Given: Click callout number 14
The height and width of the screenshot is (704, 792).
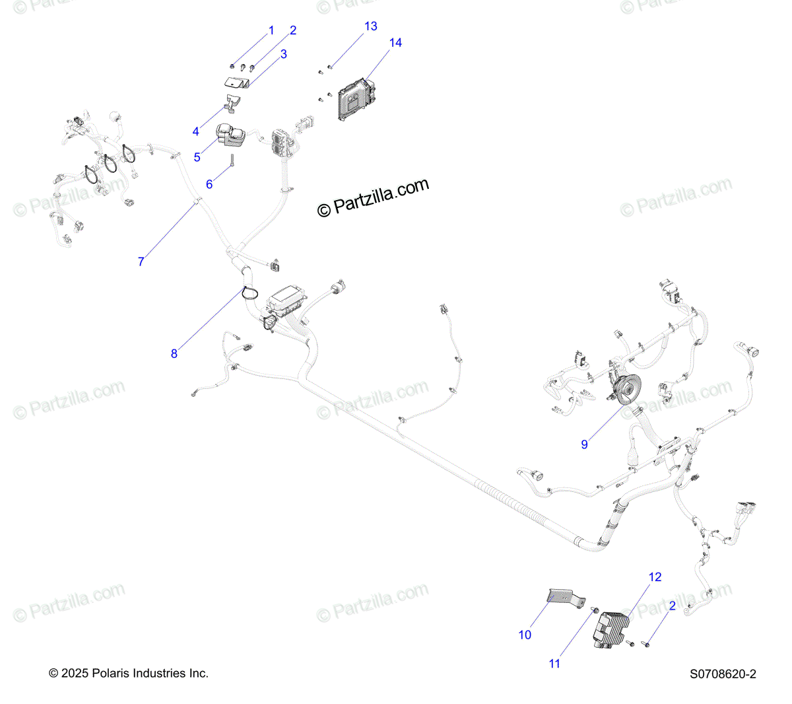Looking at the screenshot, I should (395, 43).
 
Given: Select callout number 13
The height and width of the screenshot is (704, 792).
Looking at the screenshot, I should (371, 26).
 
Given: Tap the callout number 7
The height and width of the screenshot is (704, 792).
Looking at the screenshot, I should (141, 262).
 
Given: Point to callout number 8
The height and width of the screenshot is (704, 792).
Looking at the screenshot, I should (174, 354).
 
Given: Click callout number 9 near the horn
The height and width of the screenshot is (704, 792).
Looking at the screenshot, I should (584, 445).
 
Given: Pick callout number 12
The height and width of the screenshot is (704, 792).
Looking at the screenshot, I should (655, 577).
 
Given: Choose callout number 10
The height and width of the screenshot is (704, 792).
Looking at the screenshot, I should (525, 635).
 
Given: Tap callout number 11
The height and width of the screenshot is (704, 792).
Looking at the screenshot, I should (554, 664).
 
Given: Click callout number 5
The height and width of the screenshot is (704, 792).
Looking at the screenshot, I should (197, 158).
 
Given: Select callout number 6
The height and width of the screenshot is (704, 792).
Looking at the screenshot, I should (209, 184).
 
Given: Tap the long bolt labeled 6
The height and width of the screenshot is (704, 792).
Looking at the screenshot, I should (233, 160).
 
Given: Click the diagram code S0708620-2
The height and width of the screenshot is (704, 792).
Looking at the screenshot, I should (723, 674).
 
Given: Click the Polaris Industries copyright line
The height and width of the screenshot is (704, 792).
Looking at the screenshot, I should (129, 674).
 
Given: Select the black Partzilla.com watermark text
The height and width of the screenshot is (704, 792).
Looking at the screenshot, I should (374, 197).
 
